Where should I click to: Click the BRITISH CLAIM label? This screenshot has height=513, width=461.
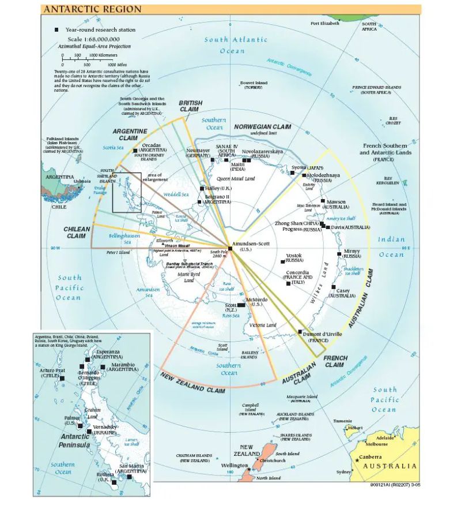pyautogui.click(x=191, y=107)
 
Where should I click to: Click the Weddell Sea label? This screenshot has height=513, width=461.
pyautogui.click(x=177, y=194)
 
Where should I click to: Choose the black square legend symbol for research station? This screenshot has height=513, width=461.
pyautogui.click(x=56, y=29)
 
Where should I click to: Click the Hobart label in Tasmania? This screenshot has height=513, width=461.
pyautogui.click(x=356, y=428)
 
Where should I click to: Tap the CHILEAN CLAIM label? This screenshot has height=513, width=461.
pyautogui.click(x=77, y=233)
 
